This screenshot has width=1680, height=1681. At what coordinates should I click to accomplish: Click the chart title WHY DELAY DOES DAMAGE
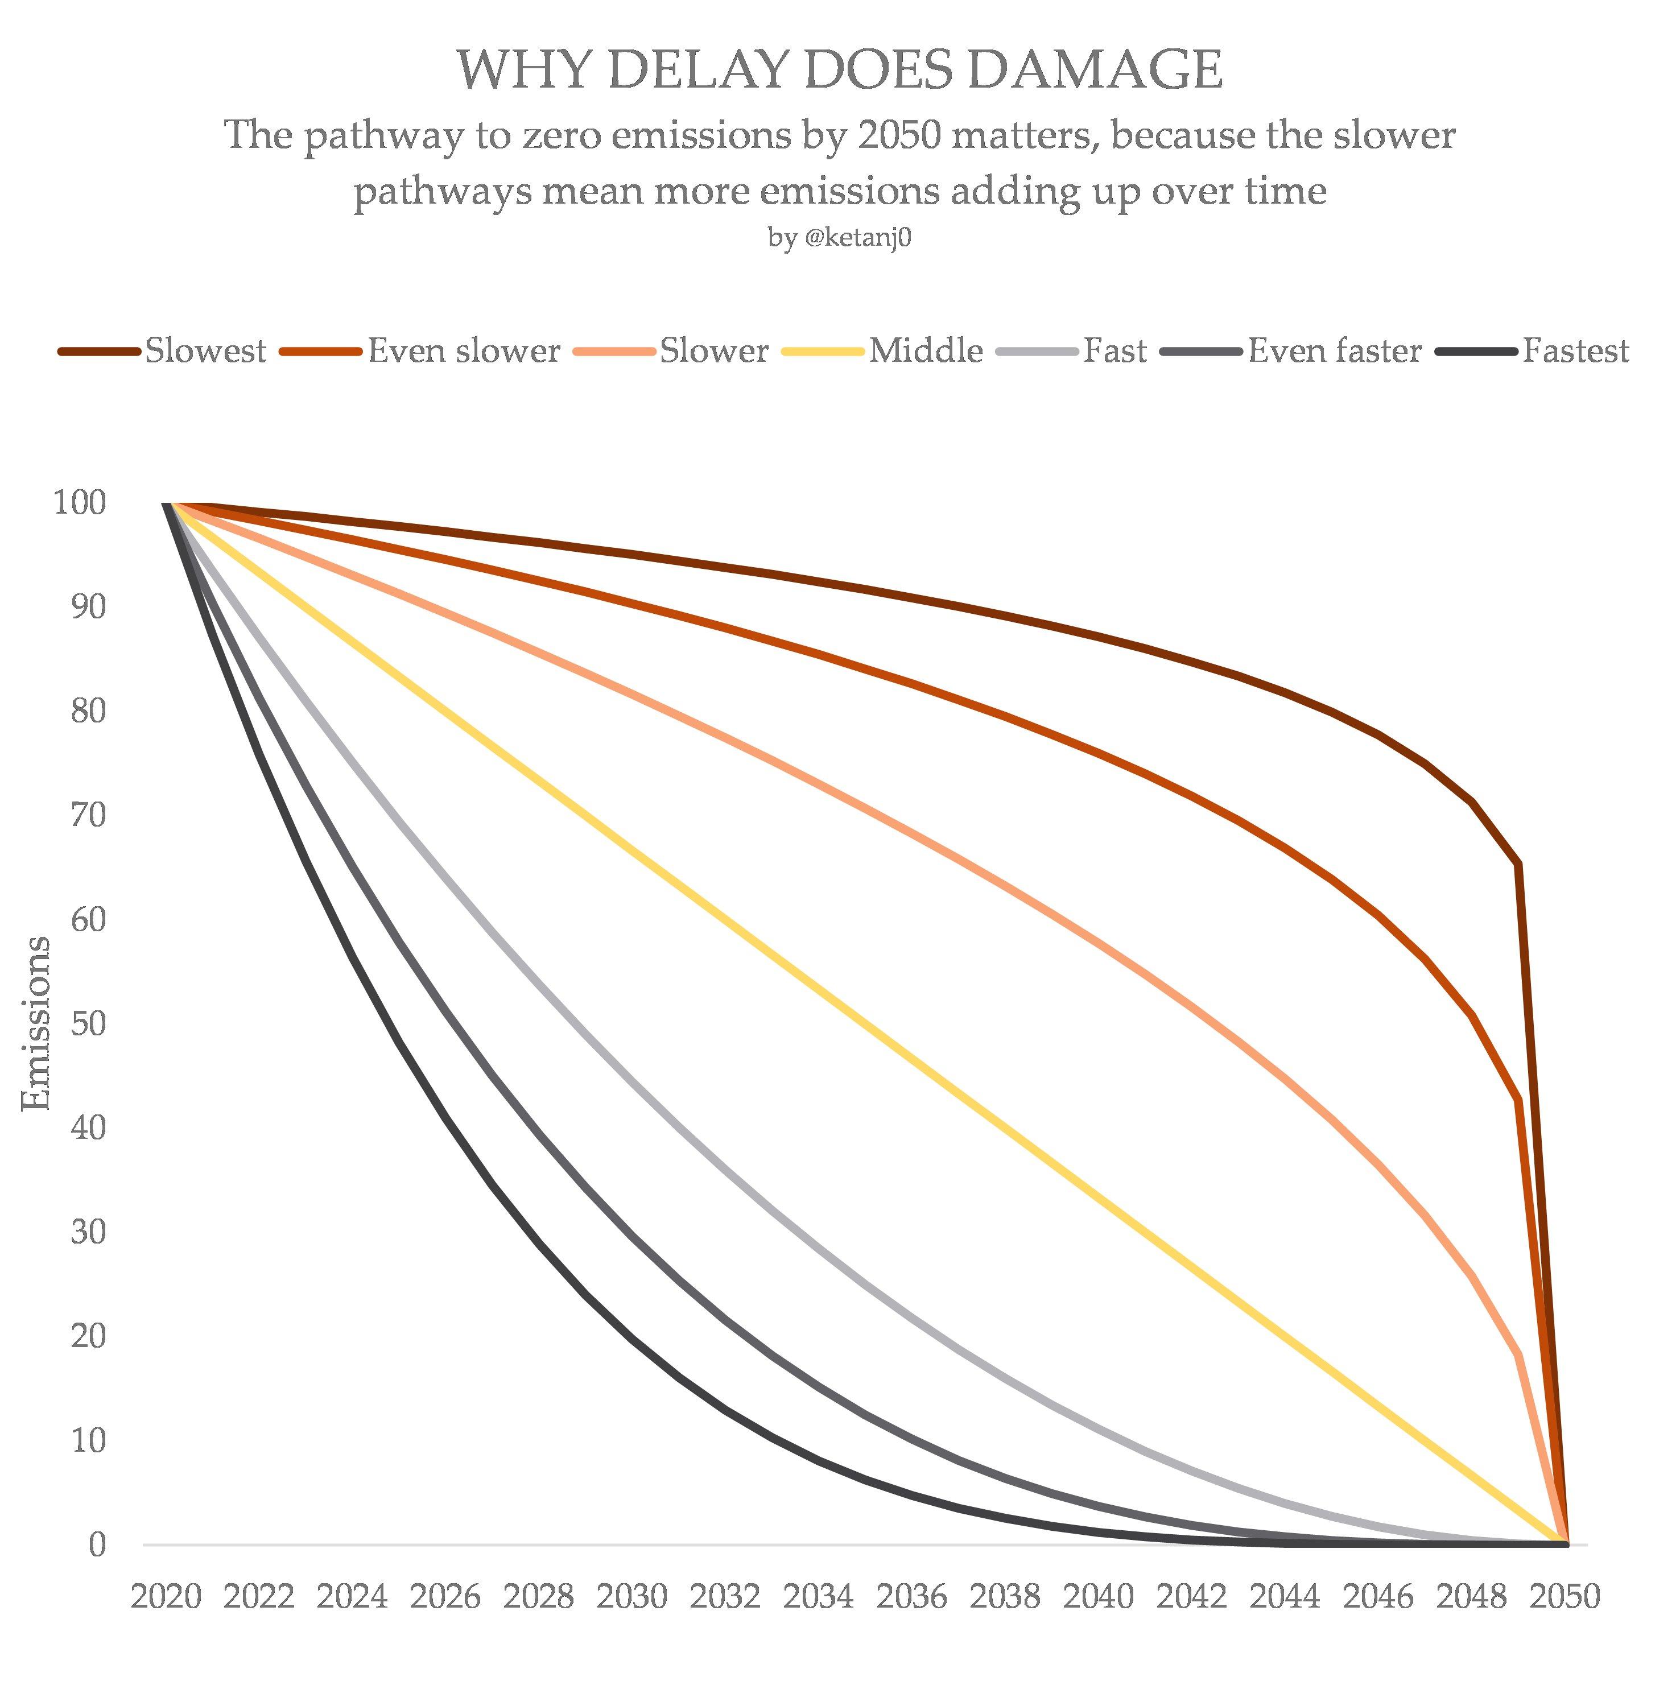tap(840, 69)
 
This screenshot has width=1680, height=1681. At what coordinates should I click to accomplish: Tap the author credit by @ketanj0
tap(840, 238)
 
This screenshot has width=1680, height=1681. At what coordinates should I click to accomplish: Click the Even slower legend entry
tap(464, 350)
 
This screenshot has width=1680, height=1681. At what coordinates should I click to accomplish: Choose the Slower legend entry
tap(713, 350)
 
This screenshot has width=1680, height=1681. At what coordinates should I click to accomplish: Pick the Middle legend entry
tap(926, 350)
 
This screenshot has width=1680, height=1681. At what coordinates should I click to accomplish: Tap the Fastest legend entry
tap(1575, 350)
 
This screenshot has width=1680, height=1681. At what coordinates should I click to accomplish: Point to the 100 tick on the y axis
tap(80, 502)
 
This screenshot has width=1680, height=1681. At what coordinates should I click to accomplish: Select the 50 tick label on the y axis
tap(88, 1023)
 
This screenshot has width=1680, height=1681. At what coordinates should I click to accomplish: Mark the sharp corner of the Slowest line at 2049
tap(1518, 864)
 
